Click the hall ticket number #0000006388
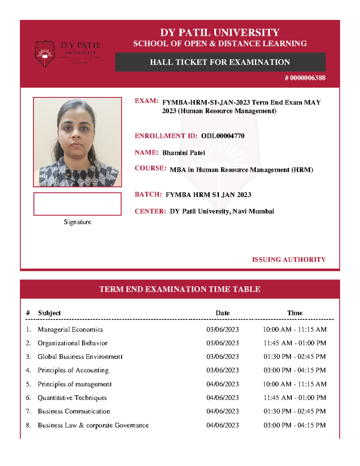(x=305, y=78)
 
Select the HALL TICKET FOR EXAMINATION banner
(x=220, y=62)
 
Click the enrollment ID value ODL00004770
(x=223, y=136)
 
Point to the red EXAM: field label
(x=146, y=101)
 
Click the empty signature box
(x=77, y=204)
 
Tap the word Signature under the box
(x=77, y=222)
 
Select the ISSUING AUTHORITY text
(x=289, y=260)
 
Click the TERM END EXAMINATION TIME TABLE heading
(x=180, y=289)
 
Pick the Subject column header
(x=49, y=313)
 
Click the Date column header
(x=223, y=313)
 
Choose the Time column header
(x=295, y=313)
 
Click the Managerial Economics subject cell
(x=70, y=329)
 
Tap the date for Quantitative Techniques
(x=223, y=398)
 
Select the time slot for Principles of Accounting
(x=295, y=370)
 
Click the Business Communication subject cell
(x=74, y=411)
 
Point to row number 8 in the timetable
(x=28, y=425)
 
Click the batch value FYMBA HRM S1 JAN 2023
(x=208, y=195)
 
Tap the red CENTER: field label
(x=150, y=211)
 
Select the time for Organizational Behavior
(x=295, y=343)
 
